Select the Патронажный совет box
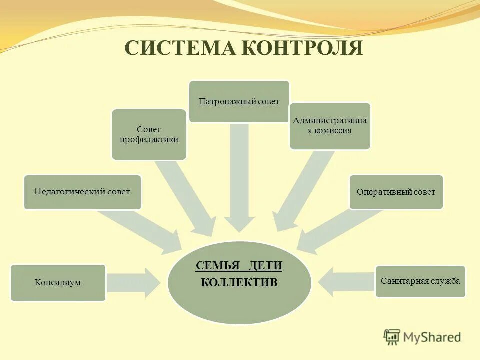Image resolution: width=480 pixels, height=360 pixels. pyautogui.click(x=239, y=101)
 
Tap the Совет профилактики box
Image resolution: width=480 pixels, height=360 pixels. pyautogui.click(x=149, y=134)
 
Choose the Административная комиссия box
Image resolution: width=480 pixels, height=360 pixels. pyautogui.click(x=330, y=126)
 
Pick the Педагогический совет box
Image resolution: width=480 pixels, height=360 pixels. pyautogui.click(x=82, y=192)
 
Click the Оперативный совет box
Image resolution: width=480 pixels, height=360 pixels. pyautogui.click(x=396, y=192)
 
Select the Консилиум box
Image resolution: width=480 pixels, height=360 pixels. pyautogui.click(x=58, y=283)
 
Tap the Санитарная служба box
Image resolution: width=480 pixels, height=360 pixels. pyautogui.click(x=420, y=281)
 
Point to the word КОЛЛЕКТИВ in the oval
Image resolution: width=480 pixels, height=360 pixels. pyautogui.click(x=239, y=283)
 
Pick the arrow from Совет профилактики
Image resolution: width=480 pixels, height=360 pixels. pyautogui.click(x=187, y=197)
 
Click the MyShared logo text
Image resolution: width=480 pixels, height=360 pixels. pyautogui.click(x=432, y=337)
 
